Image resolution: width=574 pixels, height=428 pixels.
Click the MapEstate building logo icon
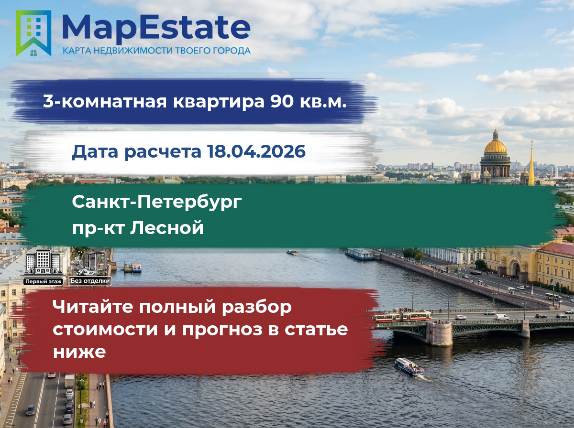33,33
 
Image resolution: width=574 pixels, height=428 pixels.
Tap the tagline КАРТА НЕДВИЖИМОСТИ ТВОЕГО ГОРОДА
156,51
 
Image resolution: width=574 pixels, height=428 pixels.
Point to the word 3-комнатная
105,101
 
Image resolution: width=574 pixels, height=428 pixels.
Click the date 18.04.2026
256,151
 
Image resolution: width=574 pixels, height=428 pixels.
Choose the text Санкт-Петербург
157,202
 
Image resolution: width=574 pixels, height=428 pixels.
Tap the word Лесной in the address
167,228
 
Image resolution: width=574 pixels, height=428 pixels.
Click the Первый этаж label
43,281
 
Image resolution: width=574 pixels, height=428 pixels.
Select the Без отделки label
90,281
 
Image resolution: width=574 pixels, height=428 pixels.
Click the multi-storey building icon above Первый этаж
43,262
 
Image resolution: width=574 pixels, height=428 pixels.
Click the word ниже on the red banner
79,352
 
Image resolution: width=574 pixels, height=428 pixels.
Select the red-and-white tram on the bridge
402,316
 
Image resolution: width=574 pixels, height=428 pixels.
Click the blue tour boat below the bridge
409,367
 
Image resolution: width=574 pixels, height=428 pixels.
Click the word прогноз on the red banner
222,330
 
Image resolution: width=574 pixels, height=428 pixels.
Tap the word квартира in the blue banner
219,102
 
